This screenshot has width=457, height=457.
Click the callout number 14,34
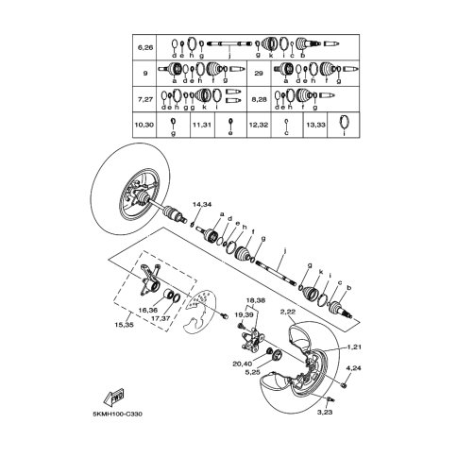point(201,205)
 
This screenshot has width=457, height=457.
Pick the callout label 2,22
point(288,311)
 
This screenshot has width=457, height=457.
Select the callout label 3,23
point(325,412)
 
